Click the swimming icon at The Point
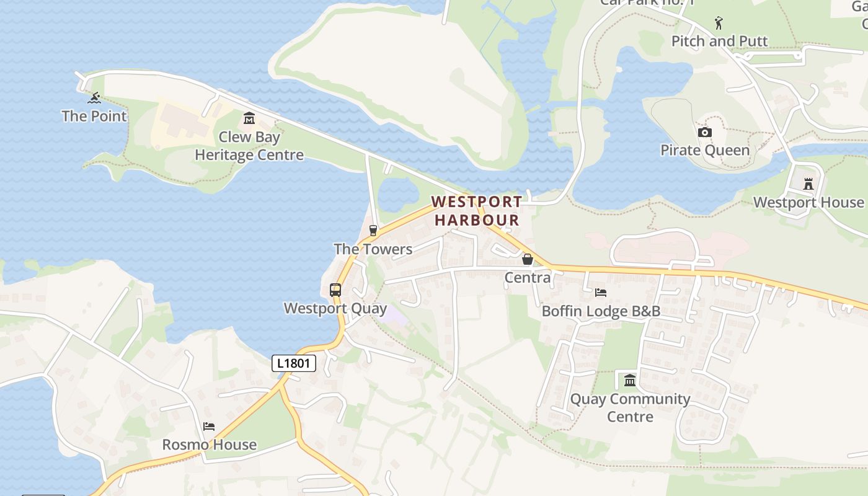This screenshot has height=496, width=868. coord(94,98)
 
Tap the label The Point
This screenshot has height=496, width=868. coord(94,116)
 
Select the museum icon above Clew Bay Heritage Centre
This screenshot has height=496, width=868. coord(249,118)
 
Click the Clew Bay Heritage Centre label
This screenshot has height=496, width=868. coord(249,146)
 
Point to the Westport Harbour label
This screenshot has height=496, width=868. coord(477,211)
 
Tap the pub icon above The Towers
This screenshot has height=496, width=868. coord(373,231)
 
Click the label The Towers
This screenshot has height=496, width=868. coord(373,249)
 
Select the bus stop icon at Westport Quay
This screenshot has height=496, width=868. coord(335,290)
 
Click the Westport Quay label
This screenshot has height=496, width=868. coord(335,308)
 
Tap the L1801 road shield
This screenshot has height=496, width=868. coord(294,363)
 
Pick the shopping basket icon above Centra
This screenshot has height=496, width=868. coord(528,259)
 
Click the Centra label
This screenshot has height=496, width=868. coord(528,278)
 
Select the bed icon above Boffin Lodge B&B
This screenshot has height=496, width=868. coord(601,293)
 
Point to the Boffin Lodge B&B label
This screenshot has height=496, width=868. coord(601,311)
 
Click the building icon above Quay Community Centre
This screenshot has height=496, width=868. coord(630,380)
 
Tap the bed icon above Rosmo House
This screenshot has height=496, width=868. coord(209,426)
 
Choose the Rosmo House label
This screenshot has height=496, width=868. coord(209,445)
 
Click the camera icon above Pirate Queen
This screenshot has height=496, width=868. coord(705,132)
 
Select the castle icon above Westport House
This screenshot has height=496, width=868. coord(808,184)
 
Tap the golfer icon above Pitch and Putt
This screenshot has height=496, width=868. coord(719,23)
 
